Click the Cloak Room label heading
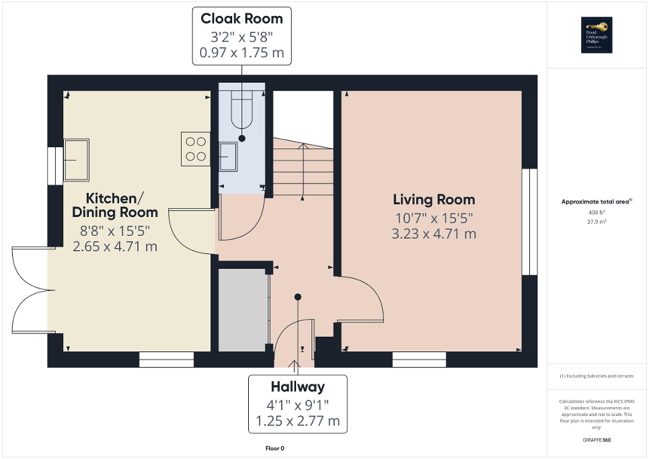242,18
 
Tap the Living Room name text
434,200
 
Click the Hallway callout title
297,386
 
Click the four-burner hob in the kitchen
195,149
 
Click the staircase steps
303,171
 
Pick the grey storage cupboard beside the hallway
243,310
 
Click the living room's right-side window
530,222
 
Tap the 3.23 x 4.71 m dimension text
434,234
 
